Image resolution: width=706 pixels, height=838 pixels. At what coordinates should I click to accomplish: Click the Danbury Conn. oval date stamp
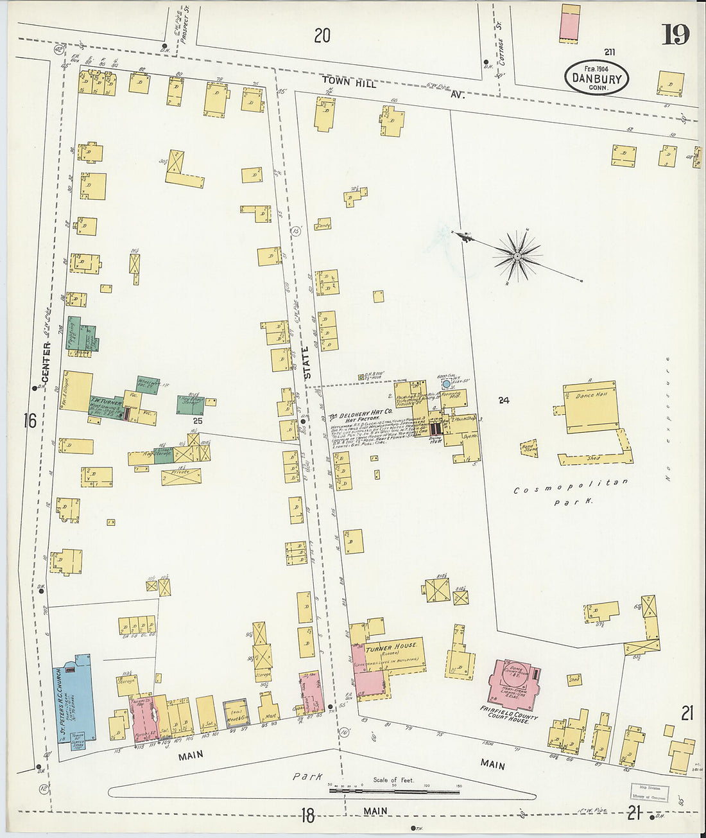(x=597, y=78)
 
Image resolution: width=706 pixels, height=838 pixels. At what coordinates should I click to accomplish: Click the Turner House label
(x=392, y=646)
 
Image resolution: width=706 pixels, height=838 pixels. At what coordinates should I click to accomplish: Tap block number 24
(x=503, y=400)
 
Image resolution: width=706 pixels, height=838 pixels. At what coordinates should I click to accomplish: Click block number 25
(x=198, y=421)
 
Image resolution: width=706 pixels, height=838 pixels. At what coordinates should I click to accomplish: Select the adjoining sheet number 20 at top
(x=322, y=36)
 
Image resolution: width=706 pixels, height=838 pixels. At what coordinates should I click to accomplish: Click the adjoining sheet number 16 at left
(x=30, y=421)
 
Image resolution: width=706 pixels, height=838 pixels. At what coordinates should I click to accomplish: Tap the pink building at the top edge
(x=569, y=22)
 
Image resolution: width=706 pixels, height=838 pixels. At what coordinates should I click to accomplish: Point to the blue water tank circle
(x=446, y=384)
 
